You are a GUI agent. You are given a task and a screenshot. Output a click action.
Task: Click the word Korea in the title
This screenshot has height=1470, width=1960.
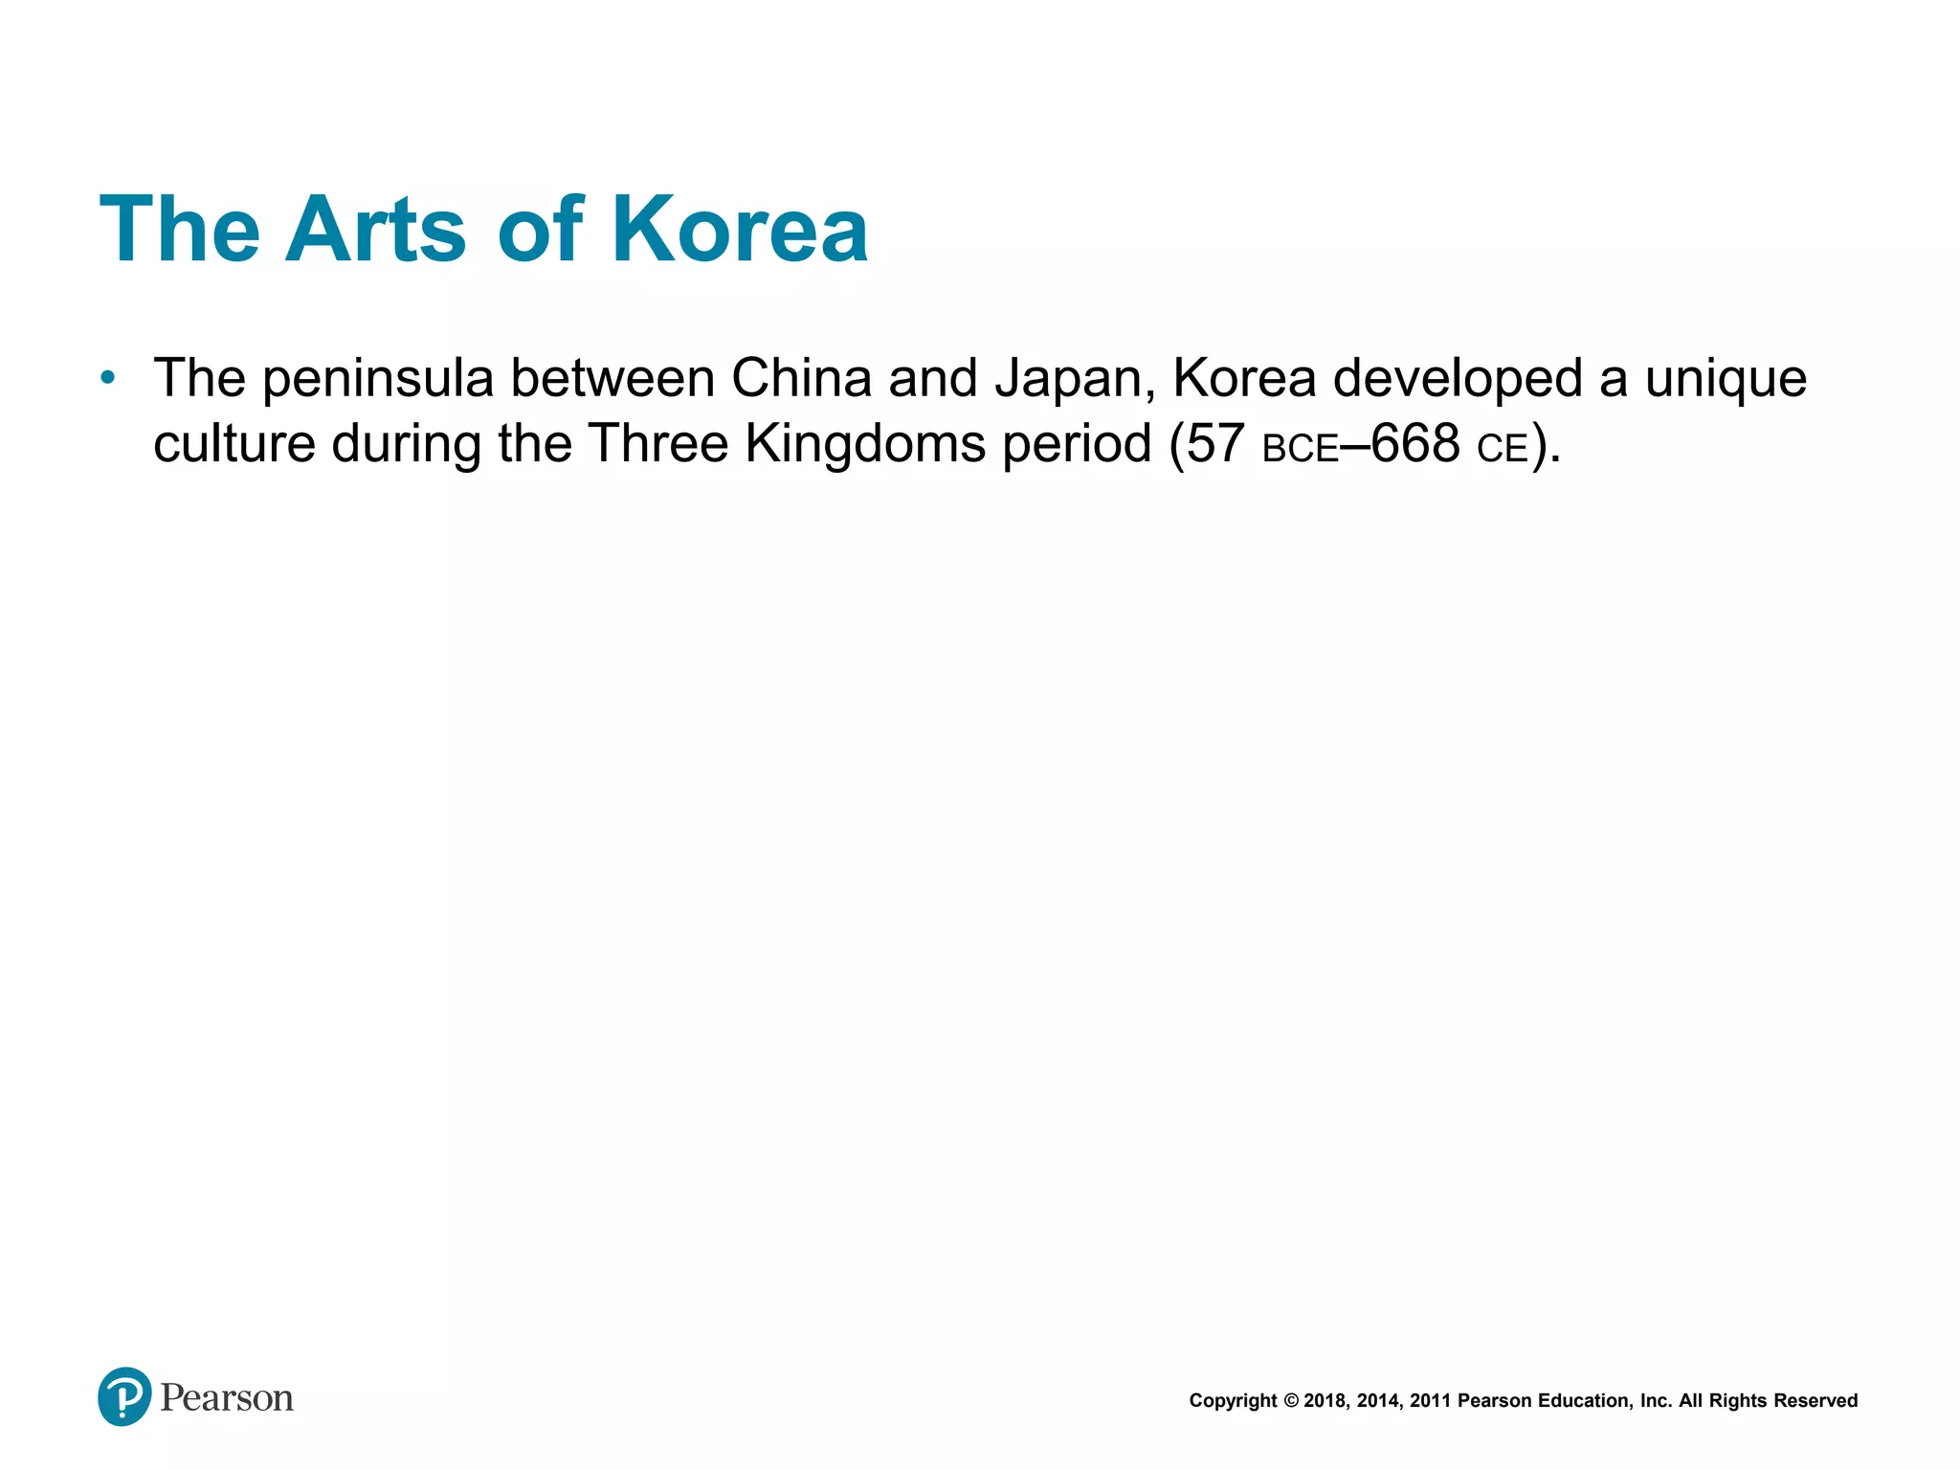(x=740, y=230)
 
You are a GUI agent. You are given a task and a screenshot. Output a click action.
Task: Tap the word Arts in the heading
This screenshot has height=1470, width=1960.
(x=375, y=230)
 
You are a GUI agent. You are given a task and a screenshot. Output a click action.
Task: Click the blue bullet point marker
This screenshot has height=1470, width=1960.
(x=108, y=378)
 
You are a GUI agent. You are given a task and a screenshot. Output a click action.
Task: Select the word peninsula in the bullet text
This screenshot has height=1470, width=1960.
(x=378, y=379)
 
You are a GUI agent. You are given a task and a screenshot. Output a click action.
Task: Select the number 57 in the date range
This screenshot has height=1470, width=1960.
(x=1215, y=443)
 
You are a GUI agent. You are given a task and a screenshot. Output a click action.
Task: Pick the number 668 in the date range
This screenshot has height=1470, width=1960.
(x=1415, y=443)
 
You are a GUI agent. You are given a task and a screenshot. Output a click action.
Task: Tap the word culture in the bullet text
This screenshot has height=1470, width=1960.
(x=234, y=444)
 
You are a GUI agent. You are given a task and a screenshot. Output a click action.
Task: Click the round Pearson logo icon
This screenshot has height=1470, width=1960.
(x=124, y=1397)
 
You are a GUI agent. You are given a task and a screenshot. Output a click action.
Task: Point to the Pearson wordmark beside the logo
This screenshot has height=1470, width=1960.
(x=227, y=1398)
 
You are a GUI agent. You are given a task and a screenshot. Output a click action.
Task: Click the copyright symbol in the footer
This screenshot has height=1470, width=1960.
(x=1291, y=1401)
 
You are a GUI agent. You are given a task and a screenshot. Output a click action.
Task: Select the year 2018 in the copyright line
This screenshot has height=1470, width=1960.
(x=1326, y=1401)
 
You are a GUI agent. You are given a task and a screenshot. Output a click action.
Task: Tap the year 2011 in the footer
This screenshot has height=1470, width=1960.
(x=1431, y=1401)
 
